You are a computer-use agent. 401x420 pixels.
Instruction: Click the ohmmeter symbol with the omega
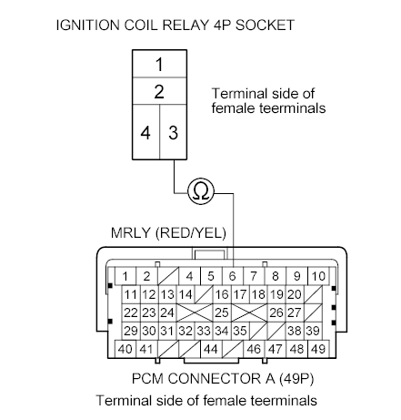pos(200,191)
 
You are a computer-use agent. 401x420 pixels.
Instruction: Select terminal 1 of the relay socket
pos(159,65)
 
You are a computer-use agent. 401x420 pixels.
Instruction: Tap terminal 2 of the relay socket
pos(159,92)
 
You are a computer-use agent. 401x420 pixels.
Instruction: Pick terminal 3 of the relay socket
pos(172,132)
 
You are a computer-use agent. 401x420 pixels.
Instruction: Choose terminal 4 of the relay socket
pos(145,132)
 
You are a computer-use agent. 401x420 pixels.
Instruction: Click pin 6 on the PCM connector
pos(232,276)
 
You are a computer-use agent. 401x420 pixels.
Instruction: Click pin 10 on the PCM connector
pos(316,276)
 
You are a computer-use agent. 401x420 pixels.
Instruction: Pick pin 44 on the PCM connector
pos(210,350)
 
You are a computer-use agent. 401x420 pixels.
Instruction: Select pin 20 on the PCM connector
pos(293,294)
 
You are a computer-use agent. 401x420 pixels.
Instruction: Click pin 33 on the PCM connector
pos(203,331)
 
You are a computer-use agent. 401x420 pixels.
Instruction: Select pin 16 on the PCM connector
pos(221,294)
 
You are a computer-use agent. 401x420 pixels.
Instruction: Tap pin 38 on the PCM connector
pos(293,331)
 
